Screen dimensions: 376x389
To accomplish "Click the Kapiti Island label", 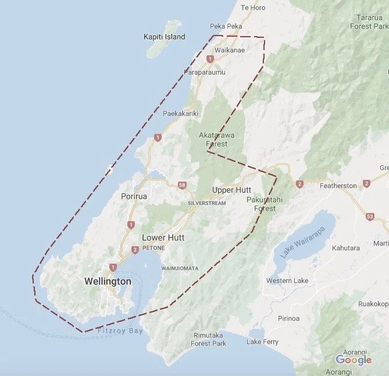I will tap(165, 37).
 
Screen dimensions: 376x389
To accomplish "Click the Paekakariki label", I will tap(181, 113).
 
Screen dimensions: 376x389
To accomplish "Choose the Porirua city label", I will tap(134, 196).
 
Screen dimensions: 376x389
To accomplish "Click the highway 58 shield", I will tap(182, 185).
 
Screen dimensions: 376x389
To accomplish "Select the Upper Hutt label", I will tap(231, 190).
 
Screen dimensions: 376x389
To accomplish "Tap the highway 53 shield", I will tap(370, 217).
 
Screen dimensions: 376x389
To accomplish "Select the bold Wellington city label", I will tap(108, 281).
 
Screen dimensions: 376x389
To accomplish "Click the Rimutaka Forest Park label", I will tap(208, 339).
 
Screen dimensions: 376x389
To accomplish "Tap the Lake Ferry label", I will tap(262, 342).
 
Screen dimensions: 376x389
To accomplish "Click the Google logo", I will tap(354, 360).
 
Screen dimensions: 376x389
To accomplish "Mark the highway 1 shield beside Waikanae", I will tap(209, 59).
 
